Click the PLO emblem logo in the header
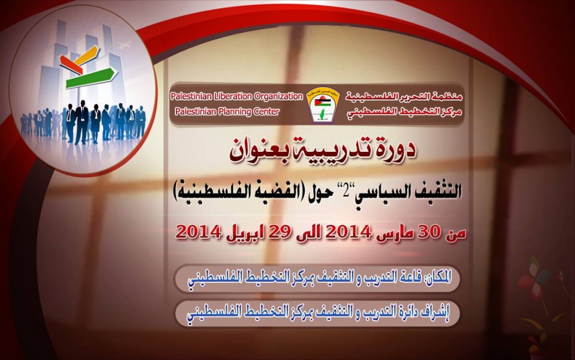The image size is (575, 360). click(x=323, y=105)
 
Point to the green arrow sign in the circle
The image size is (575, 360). click(x=91, y=78)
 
